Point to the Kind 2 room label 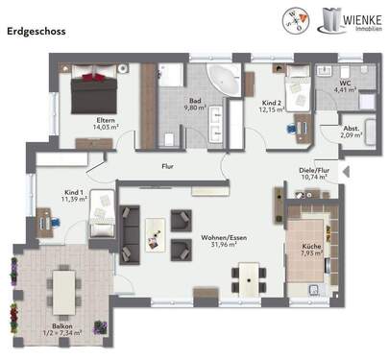272,104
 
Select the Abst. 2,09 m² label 352,132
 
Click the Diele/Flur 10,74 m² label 314,174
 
